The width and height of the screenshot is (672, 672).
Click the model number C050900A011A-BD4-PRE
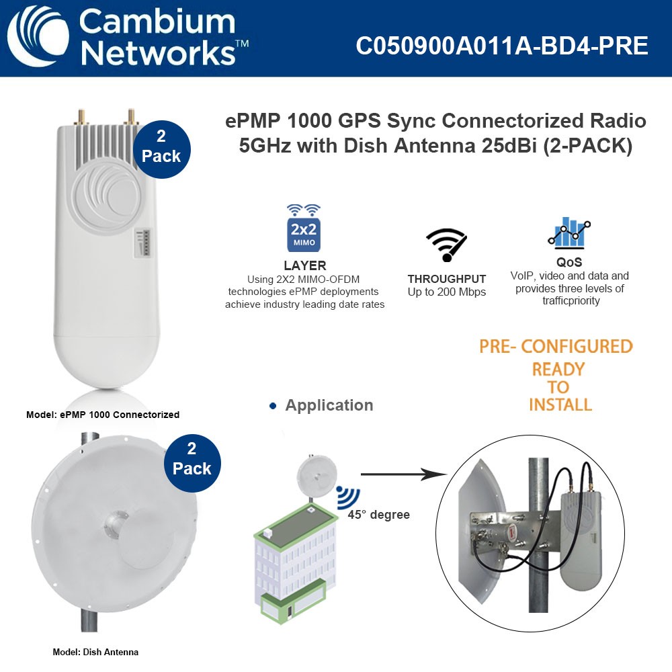(502, 46)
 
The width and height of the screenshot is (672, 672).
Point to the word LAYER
(304, 265)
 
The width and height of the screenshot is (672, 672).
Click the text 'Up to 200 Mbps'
(446, 292)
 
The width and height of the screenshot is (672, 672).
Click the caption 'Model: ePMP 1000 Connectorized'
(103, 415)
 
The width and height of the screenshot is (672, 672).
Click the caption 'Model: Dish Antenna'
(95, 652)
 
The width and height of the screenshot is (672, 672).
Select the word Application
(329, 405)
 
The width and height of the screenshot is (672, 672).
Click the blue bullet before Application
(273, 406)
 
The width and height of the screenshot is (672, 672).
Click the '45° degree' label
(378, 515)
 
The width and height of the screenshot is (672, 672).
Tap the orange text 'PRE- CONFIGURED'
(556, 346)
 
